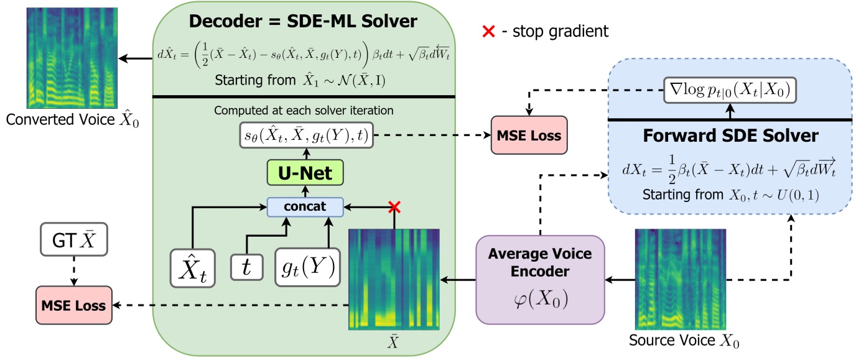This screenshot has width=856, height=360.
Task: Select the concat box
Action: (x=305, y=206)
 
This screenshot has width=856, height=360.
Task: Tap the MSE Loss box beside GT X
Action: (x=74, y=305)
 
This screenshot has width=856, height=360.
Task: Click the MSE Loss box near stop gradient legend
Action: (x=528, y=134)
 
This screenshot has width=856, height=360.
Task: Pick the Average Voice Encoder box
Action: (x=540, y=279)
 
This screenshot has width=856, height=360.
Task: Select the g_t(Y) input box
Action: (x=305, y=267)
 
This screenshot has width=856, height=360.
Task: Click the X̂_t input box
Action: (x=193, y=267)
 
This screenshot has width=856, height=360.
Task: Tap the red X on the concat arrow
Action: (x=393, y=208)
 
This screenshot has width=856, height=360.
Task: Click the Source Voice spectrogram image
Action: (x=679, y=279)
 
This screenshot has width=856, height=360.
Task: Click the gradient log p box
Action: (x=729, y=91)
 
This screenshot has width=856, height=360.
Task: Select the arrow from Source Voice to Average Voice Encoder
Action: (x=620, y=281)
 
